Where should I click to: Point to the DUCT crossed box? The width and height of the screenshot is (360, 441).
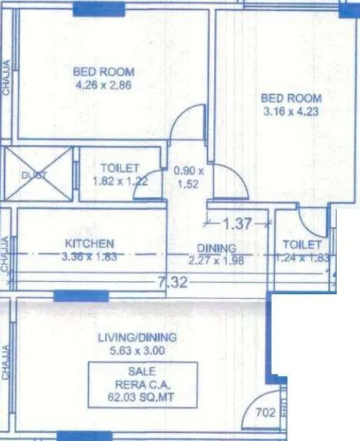coord(39,174)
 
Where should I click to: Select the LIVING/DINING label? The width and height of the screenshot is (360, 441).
coord(136,339)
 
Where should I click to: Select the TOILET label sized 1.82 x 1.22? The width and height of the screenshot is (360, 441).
coord(120,169)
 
